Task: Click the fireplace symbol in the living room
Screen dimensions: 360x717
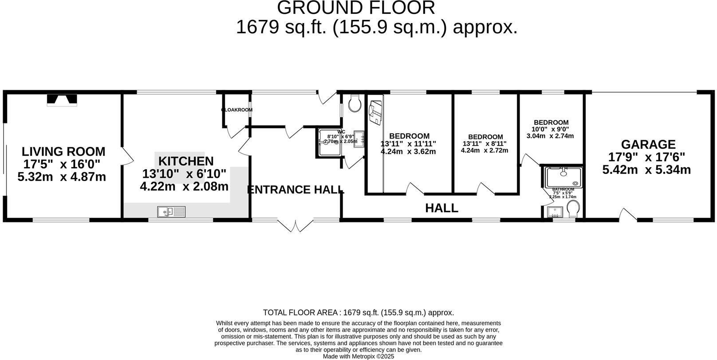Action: pos(62,100)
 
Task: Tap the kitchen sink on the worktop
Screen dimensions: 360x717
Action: pos(171,212)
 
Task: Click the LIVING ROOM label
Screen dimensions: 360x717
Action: pos(63,152)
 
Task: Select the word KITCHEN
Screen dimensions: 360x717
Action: pos(186,161)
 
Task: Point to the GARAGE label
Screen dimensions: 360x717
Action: pos(648,144)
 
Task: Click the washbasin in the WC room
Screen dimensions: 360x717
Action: pos(359,138)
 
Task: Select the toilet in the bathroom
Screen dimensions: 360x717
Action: pos(573,209)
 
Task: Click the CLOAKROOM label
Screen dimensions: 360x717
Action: pos(237,110)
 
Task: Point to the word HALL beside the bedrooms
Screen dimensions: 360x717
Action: pos(441,208)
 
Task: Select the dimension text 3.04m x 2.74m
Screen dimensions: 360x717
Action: pos(550,136)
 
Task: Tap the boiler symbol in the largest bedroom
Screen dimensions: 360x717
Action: pos(375,112)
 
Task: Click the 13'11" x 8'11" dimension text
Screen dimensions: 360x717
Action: pos(484,144)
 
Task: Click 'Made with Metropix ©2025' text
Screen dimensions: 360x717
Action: pos(358,356)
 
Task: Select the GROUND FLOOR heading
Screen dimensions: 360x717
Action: pos(356,8)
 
